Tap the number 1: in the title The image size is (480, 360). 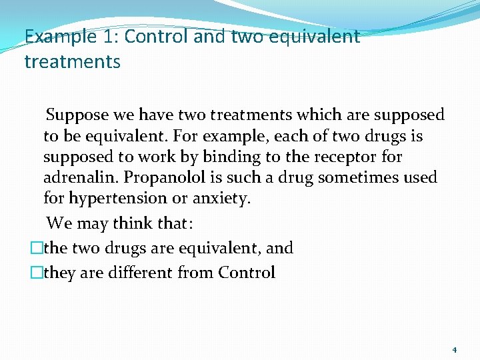click(109, 36)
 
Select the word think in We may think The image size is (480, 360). click(135, 222)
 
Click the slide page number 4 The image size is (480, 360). click(454, 349)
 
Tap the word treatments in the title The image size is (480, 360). click(72, 62)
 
